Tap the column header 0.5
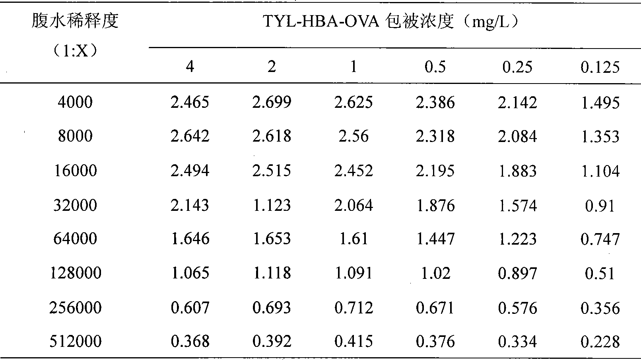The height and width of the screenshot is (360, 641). [435, 67]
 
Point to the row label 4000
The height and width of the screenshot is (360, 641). [75, 102]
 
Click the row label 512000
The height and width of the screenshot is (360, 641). [76, 341]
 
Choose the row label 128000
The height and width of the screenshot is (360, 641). [76, 273]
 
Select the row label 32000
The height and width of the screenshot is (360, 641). [75, 205]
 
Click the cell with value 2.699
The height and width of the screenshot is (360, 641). [272, 102]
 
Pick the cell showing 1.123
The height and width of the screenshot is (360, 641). [272, 205]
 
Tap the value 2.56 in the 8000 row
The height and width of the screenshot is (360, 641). [354, 136]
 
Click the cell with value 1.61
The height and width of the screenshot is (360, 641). [354, 239]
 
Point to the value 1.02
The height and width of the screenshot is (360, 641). [436, 273]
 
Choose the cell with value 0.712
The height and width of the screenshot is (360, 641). [354, 307]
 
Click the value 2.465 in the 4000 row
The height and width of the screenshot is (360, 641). [190, 102]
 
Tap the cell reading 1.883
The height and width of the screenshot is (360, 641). [517, 171]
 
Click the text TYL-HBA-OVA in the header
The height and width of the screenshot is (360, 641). [320, 21]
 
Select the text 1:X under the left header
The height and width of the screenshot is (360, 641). [75, 51]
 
